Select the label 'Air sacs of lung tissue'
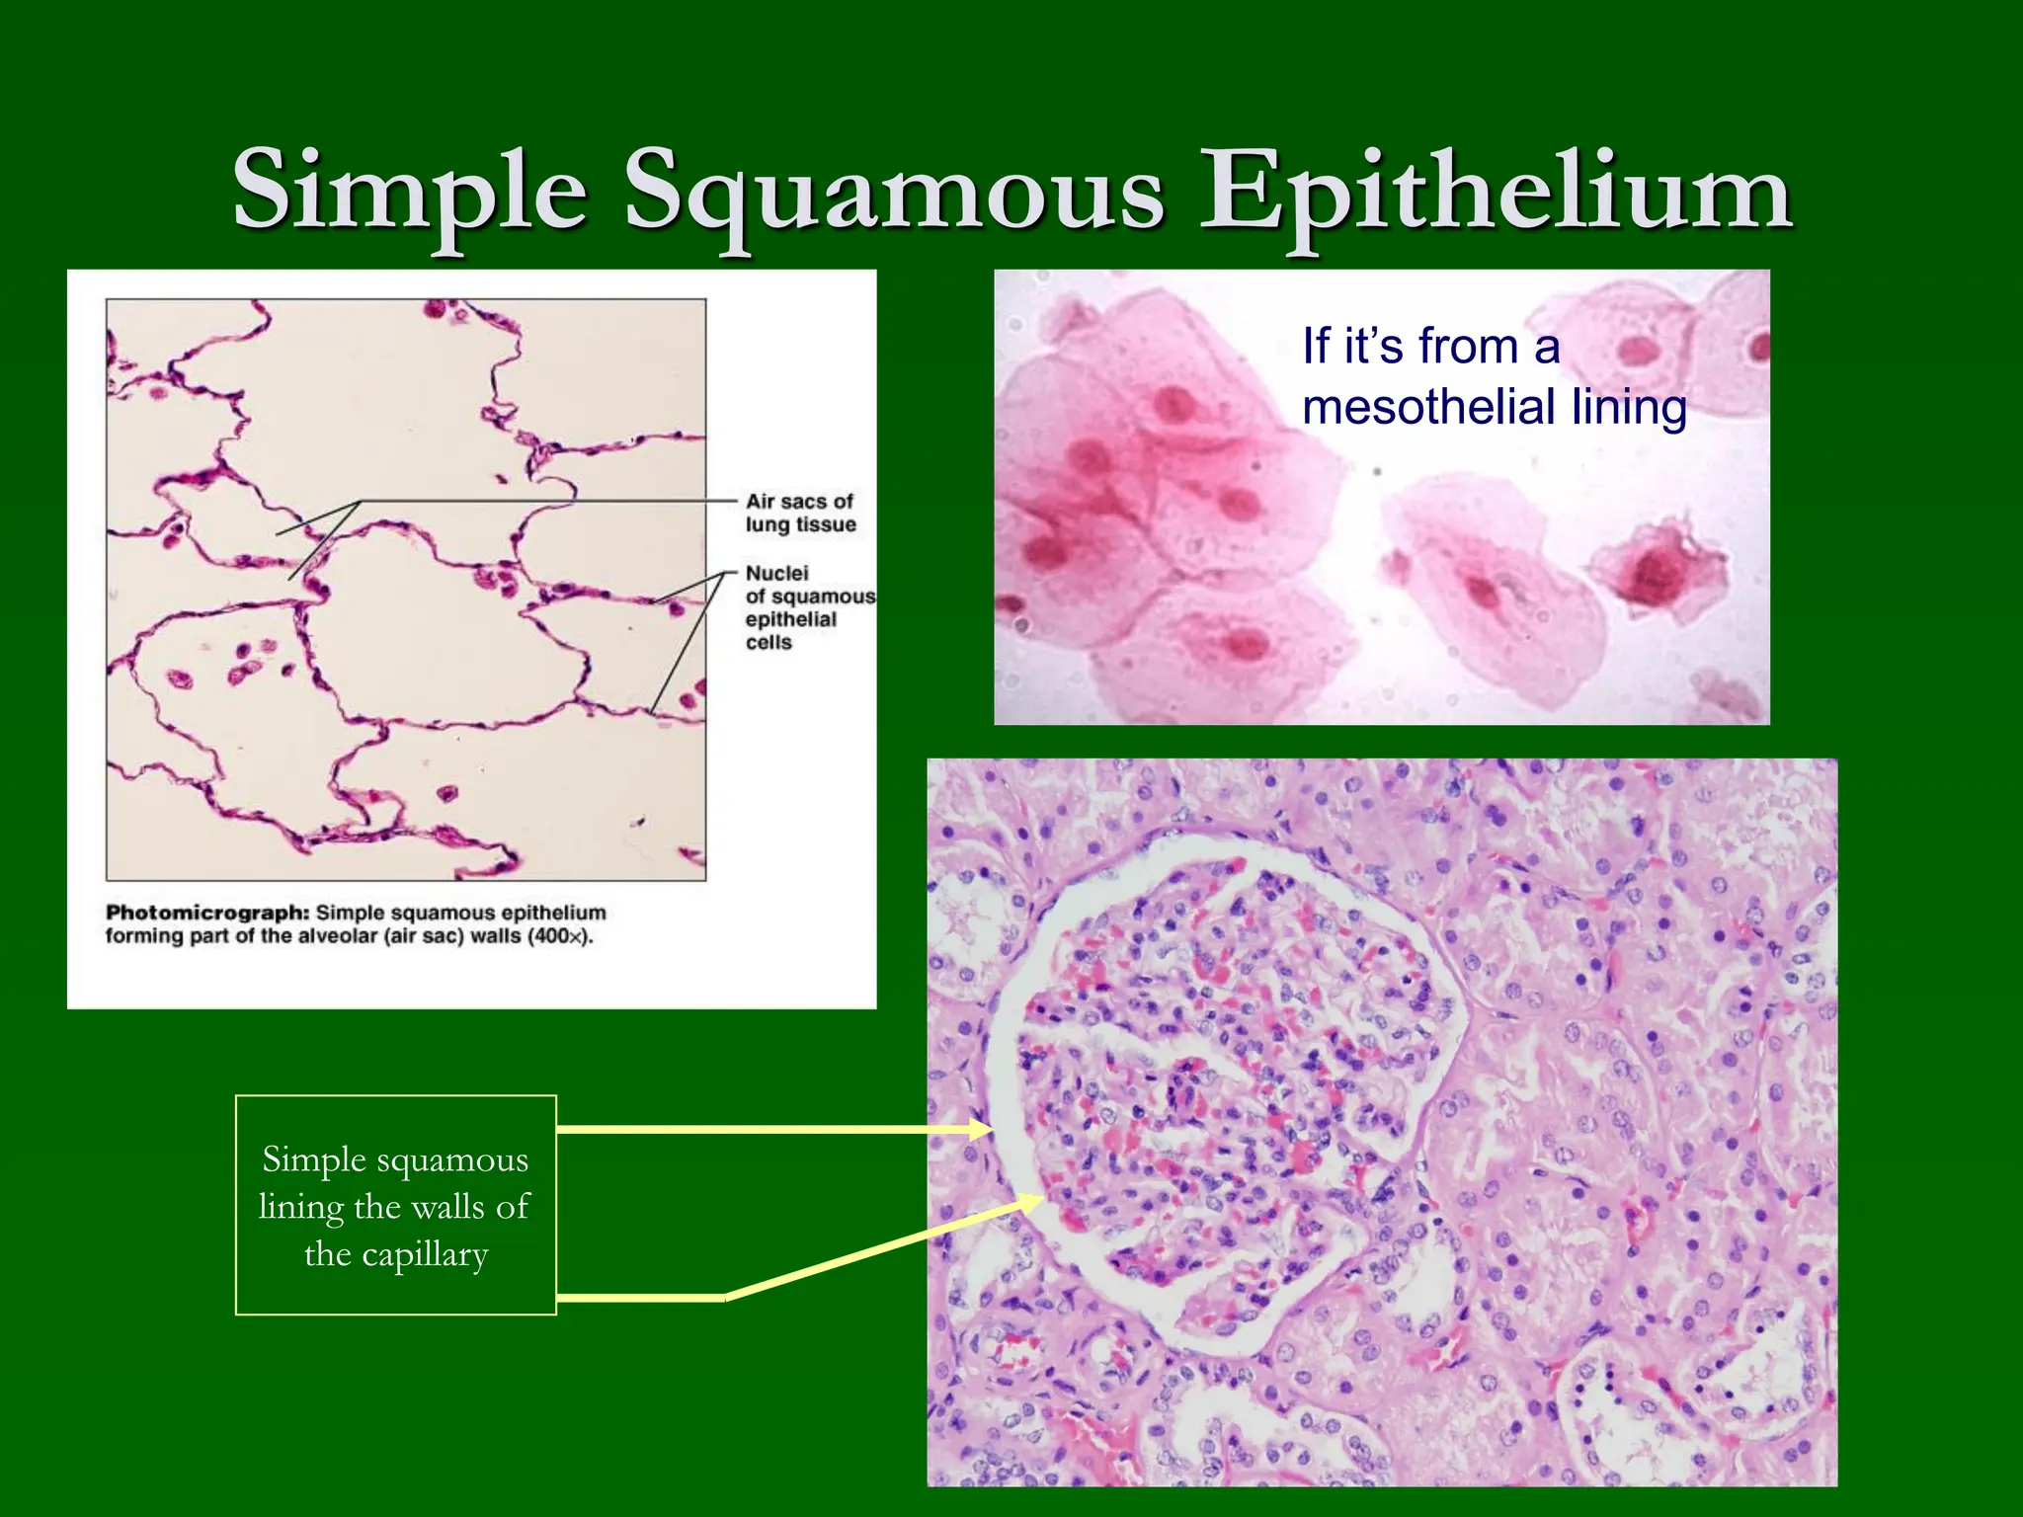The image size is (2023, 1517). tap(800, 513)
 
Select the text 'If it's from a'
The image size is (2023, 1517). tap(1430, 347)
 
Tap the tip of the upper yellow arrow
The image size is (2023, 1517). tap(991, 1129)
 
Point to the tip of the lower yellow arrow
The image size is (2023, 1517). tap(1042, 1199)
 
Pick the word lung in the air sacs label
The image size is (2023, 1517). tap(768, 524)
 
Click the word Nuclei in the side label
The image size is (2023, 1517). tap(776, 573)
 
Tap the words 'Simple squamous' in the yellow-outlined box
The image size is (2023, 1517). tap(395, 1159)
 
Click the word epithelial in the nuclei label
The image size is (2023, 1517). tap(790, 619)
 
